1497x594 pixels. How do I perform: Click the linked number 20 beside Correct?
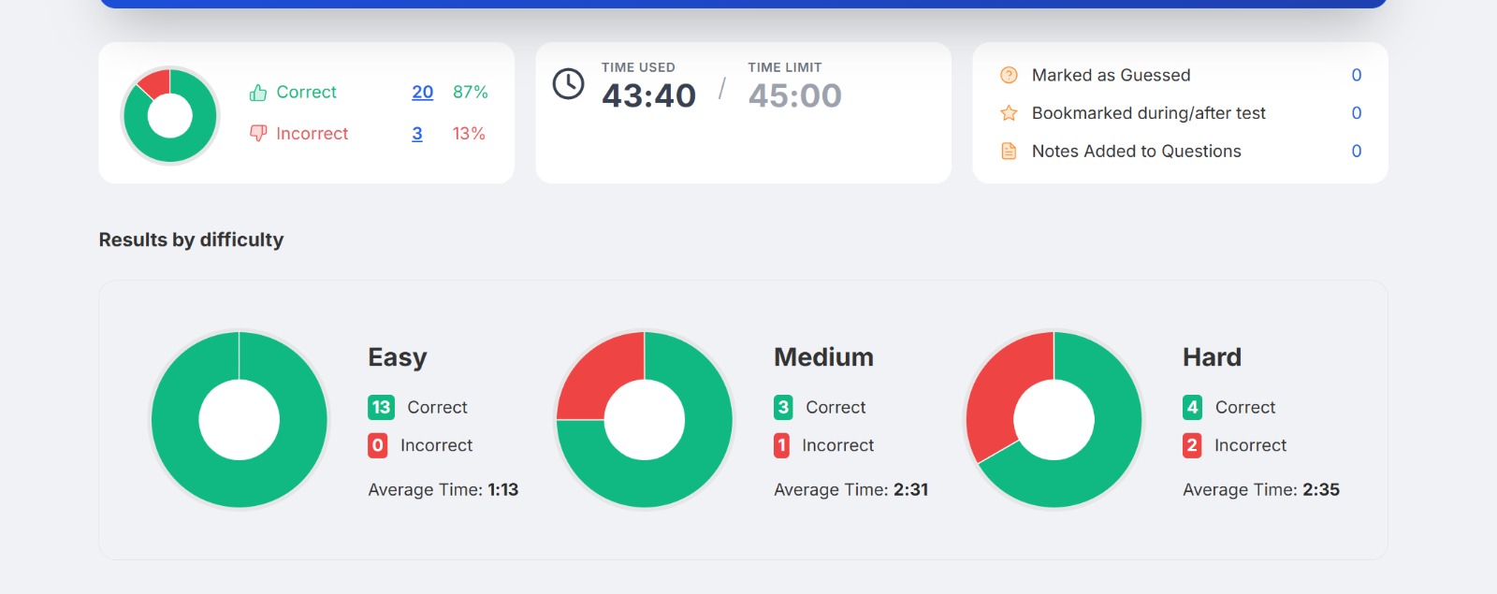point(422,93)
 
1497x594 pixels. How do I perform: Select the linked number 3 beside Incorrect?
point(417,134)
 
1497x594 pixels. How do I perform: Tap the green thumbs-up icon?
point(258,93)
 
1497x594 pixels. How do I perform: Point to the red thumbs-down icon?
point(258,133)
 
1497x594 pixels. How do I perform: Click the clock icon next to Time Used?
point(568,84)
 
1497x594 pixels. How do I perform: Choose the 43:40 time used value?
point(648,95)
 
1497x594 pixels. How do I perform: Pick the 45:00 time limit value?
point(794,95)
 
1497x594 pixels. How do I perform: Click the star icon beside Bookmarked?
point(1009,113)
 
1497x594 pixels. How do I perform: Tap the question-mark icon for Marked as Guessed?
point(1009,75)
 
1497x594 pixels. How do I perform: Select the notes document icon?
point(1009,151)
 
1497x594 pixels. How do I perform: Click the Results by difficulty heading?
point(191,239)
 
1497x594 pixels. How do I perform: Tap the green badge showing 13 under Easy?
point(381,407)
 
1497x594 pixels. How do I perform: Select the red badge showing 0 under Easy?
point(378,445)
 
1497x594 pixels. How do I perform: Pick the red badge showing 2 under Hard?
point(1192,445)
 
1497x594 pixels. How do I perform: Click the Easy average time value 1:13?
point(503,490)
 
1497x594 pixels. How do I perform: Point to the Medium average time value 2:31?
point(911,490)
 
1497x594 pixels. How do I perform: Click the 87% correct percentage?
point(471,93)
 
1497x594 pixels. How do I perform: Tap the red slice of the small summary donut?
point(155,82)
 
